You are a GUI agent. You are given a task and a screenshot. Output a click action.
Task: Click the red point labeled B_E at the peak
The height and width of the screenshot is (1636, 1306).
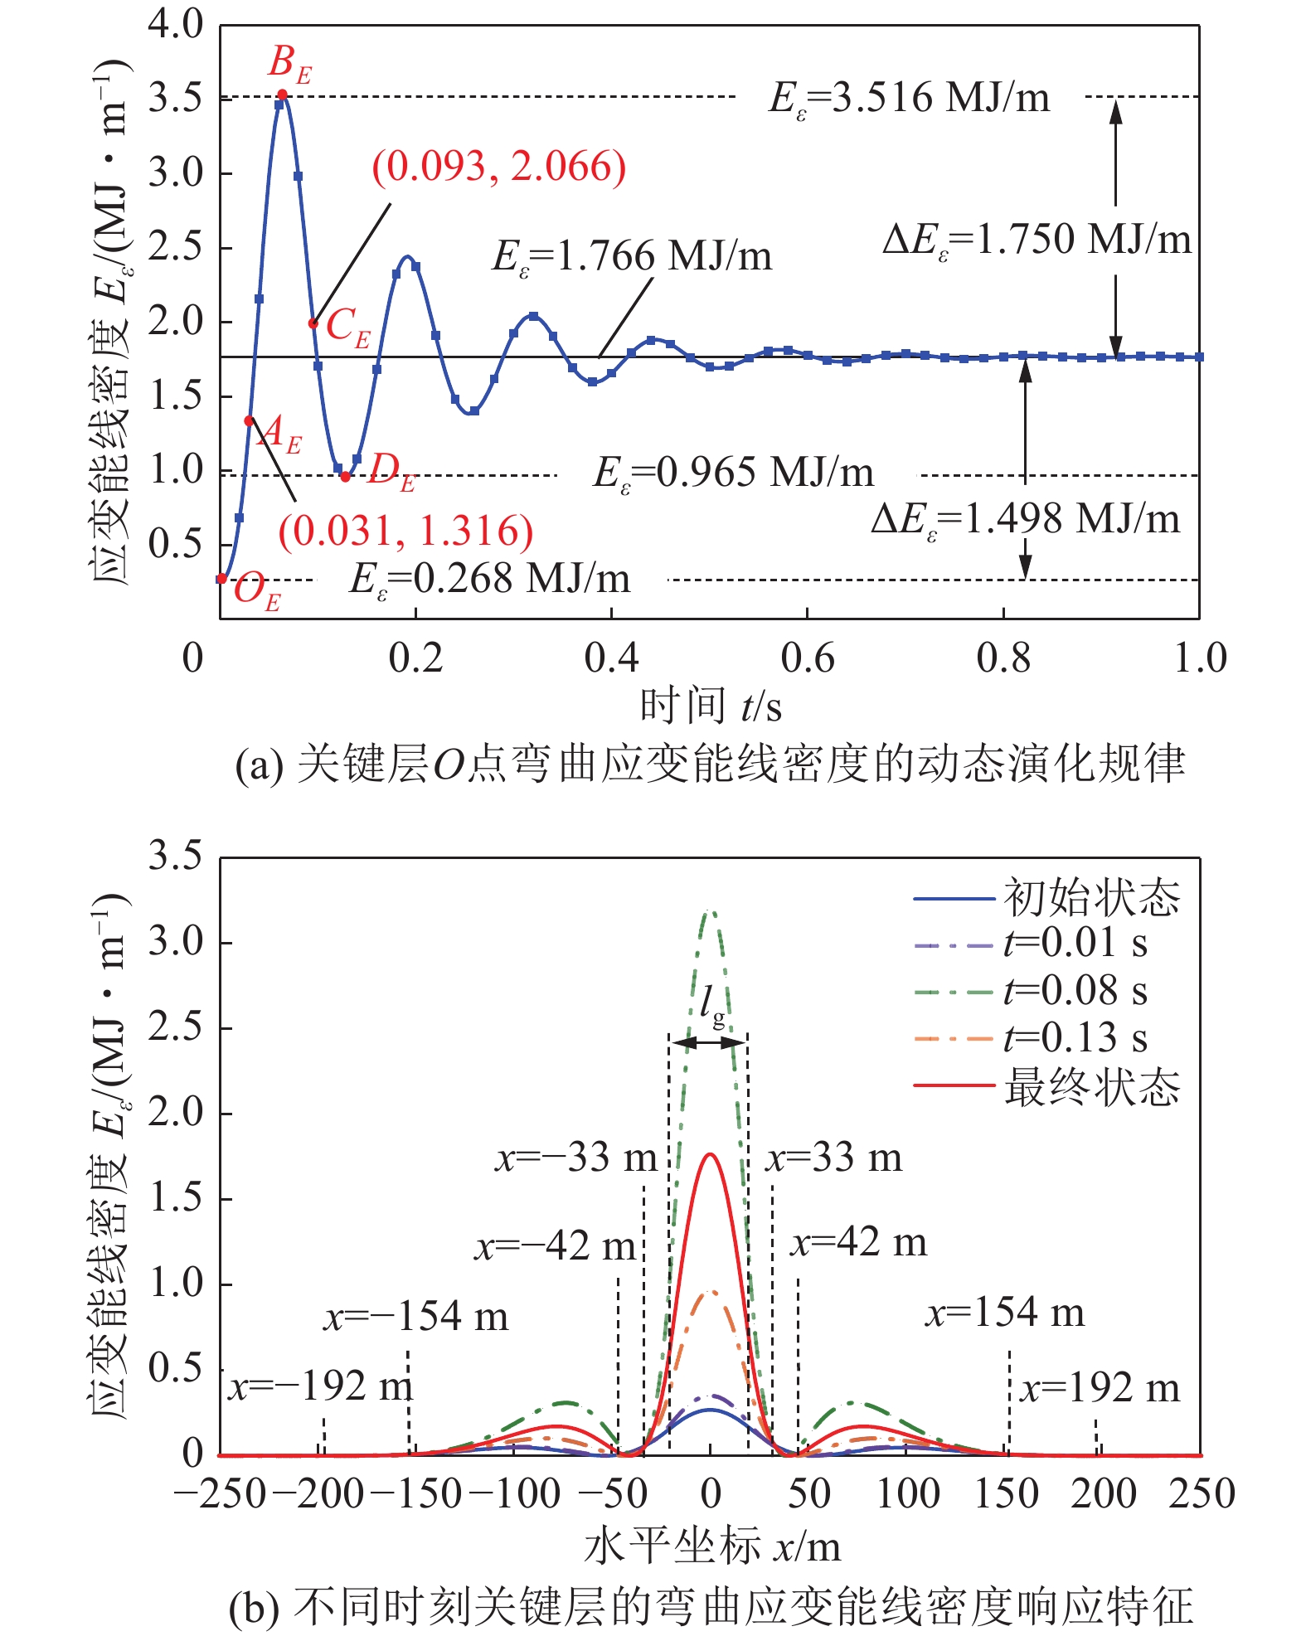click(283, 95)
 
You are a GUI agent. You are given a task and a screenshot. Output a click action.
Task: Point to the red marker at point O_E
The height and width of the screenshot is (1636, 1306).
click(221, 579)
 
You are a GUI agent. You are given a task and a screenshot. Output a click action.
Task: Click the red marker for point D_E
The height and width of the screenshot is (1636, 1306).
click(345, 477)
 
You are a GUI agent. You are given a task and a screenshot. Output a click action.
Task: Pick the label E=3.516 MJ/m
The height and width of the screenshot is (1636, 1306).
click(909, 98)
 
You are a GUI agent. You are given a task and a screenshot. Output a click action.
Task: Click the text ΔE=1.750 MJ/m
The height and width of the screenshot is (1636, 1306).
click(1037, 240)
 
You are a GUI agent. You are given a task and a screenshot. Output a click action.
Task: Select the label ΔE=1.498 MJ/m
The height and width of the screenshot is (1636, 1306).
click(1025, 520)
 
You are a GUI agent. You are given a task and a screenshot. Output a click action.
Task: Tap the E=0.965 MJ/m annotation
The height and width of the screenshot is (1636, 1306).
click(733, 473)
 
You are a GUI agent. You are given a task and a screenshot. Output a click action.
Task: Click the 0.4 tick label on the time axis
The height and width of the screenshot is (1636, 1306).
click(611, 658)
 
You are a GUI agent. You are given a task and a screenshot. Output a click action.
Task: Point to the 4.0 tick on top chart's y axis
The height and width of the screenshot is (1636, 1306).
click(175, 25)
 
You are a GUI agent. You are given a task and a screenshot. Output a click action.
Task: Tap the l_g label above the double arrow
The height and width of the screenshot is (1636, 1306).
click(711, 1005)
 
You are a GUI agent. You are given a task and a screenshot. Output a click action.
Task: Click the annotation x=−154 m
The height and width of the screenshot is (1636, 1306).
click(415, 1317)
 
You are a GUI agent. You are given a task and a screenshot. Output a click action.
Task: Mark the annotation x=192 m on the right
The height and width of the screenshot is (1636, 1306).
click(1100, 1388)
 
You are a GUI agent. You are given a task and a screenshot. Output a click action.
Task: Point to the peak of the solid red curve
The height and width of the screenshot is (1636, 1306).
click(711, 1154)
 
